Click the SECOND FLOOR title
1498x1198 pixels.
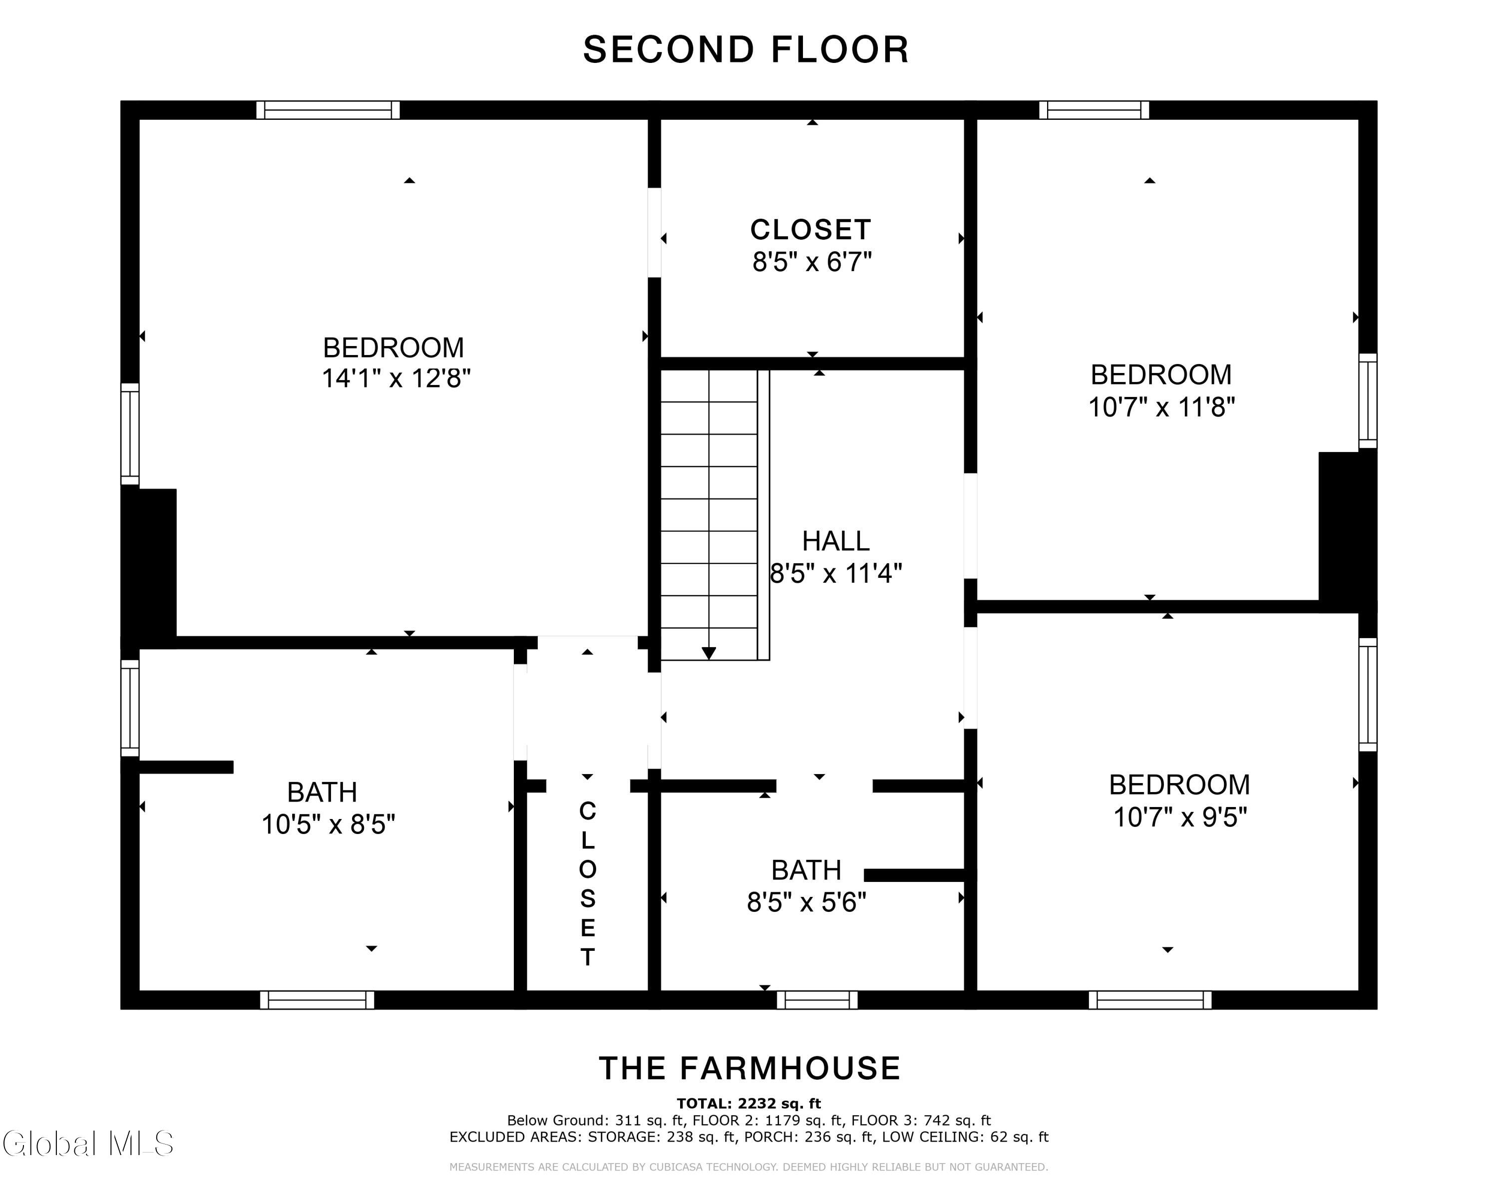click(746, 49)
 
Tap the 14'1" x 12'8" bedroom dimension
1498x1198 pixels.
click(396, 379)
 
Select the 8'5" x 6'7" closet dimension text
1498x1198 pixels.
click(811, 262)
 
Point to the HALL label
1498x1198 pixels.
click(835, 541)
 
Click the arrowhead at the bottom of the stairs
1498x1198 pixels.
click(709, 653)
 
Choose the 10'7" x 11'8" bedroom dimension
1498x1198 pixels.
click(1161, 406)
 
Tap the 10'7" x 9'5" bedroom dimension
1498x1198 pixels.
click(1180, 817)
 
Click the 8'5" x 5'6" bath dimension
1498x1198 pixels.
click(806, 902)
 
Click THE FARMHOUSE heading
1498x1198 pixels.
click(749, 1068)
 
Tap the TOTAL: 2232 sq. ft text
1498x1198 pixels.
click(749, 1104)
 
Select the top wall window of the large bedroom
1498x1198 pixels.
click(328, 110)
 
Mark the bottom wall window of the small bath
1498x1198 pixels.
click(817, 1000)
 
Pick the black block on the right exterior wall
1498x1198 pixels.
click(1348, 532)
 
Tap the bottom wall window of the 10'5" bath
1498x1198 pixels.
click(318, 1000)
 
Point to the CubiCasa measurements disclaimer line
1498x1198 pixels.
click(749, 1167)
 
